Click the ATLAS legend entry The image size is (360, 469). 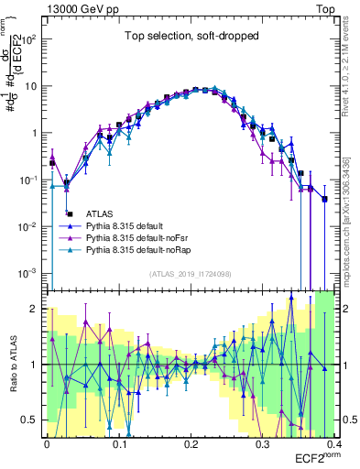coord(111,213)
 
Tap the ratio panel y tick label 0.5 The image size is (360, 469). coord(29,420)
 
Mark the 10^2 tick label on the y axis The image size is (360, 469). coord(29,40)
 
